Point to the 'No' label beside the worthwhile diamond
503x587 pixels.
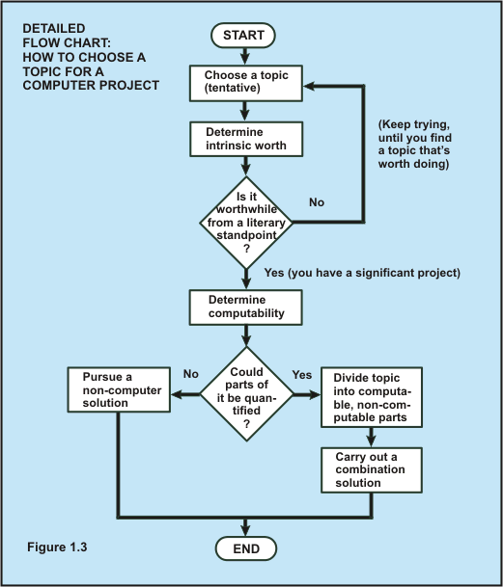(x=316, y=203)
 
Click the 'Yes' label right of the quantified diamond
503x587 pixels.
(x=301, y=374)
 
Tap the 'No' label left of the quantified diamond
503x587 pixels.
(x=190, y=374)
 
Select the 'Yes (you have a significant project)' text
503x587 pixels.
(x=361, y=274)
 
